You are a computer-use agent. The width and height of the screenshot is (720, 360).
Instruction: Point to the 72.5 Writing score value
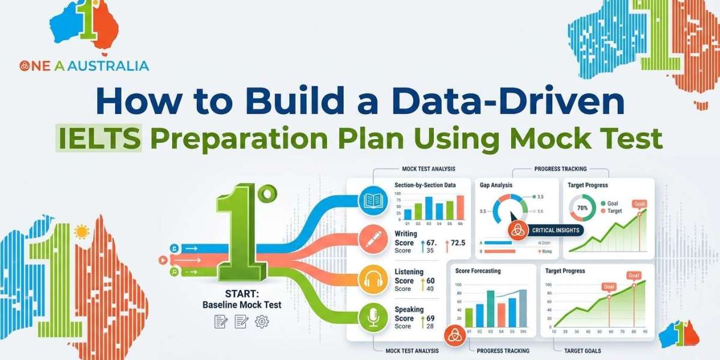tap(458, 242)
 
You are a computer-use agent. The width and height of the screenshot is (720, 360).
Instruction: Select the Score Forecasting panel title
tap(478, 271)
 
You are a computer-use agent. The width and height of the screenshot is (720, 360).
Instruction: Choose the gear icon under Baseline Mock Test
tap(262, 322)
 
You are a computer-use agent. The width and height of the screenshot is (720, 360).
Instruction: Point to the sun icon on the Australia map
tap(80, 232)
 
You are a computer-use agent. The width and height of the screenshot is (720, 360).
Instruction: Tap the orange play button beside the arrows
tap(162, 260)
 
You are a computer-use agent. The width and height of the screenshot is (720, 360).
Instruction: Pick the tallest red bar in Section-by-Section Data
tap(460, 208)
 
